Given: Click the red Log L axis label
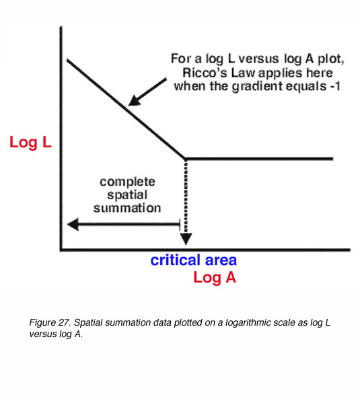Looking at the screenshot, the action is tap(30, 142).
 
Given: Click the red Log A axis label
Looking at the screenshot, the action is tap(215, 277).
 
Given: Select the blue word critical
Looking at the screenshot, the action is tap(176, 260).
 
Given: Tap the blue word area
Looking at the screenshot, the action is tap(221, 261).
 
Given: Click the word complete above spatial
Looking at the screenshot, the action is tap(127, 182).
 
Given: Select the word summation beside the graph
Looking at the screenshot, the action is tap(127, 208).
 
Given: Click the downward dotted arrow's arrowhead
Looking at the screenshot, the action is tap(186, 238).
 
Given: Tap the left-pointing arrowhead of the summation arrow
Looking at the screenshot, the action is tap(73, 224).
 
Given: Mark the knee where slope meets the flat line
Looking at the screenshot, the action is tap(185, 159).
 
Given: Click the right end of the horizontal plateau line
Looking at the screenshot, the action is tap(333, 159).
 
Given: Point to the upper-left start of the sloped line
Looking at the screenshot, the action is tap(67, 60).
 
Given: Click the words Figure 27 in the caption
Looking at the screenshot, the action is tap(50, 323).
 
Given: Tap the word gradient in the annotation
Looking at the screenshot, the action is tap(257, 87).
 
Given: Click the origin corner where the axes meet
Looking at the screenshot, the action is tap(61, 250).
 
